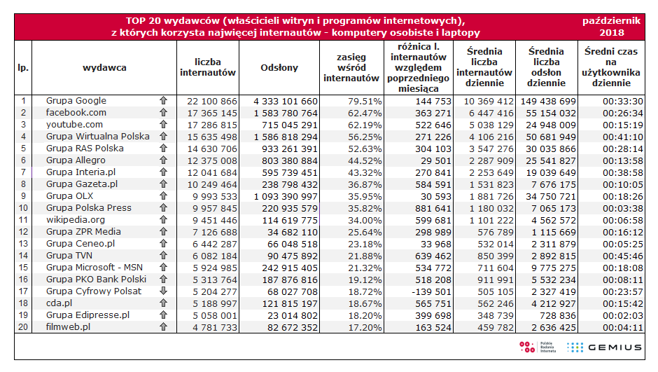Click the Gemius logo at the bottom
(604, 347)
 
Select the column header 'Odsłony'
(279, 68)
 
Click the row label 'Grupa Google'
(76, 101)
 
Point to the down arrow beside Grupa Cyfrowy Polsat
(163, 291)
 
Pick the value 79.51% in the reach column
(364, 101)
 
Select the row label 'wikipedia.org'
(76, 220)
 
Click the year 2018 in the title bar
(611, 32)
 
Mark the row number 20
(22, 327)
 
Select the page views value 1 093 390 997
(280, 196)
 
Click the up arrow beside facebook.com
(163, 113)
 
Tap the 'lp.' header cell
(22, 68)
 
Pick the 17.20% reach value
(364, 327)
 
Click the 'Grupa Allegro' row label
(76, 160)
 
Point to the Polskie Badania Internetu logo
(537, 347)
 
